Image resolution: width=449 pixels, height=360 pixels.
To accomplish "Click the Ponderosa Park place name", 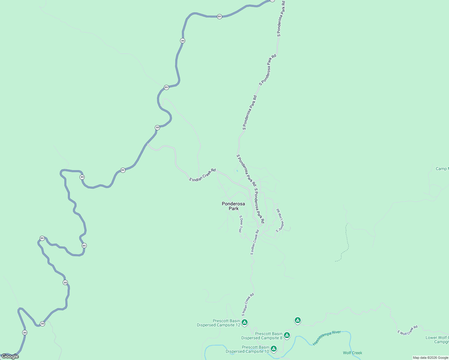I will coord(233,206).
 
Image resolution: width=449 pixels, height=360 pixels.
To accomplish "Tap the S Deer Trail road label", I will coord(240,224).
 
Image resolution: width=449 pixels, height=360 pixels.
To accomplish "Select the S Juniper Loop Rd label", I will coord(280,220).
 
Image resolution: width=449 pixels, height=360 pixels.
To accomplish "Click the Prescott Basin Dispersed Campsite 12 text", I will coord(218,323).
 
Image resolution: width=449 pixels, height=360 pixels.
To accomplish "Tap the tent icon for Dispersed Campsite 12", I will coord(245,322).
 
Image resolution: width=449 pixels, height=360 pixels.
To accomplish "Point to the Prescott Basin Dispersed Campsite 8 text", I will coord(262,336).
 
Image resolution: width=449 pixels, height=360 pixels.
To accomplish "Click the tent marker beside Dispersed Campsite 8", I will coord(287,335).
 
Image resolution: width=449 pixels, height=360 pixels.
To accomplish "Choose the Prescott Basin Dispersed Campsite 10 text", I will coord(247,349).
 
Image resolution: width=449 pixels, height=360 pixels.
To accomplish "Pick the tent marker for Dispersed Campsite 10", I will coord(273,349).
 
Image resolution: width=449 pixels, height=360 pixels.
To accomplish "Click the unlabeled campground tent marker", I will coord(297,320).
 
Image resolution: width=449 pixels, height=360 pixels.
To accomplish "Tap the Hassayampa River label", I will coord(327,338).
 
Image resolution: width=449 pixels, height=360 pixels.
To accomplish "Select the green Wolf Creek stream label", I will coord(352,353).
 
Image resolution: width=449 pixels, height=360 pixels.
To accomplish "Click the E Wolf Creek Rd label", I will coord(407,330).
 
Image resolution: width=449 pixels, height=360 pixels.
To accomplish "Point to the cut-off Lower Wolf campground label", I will coord(437,340).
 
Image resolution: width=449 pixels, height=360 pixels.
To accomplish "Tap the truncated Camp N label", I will coord(442,169).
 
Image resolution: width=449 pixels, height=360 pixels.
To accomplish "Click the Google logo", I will coord(10,356).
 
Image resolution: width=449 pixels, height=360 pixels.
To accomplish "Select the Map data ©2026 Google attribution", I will coord(430,358).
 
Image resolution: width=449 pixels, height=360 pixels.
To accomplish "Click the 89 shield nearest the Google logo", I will coord(25,332).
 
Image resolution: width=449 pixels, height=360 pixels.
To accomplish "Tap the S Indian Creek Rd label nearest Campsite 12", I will coord(248,304).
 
